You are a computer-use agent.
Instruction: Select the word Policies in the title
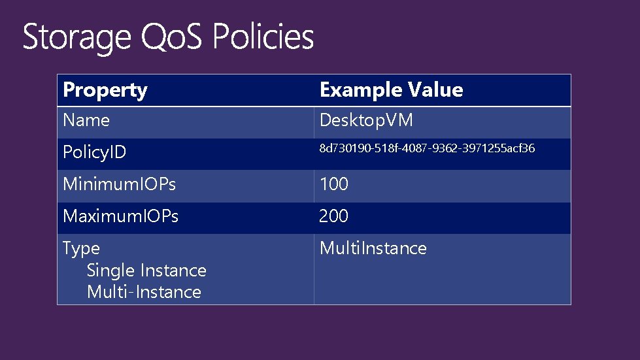click(x=263, y=37)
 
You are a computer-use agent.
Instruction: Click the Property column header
click(x=105, y=90)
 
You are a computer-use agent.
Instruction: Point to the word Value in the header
click(x=435, y=90)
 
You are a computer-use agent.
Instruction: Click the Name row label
click(x=86, y=121)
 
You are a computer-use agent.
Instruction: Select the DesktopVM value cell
click(x=365, y=121)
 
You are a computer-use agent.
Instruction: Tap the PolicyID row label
click(x=94, y=153)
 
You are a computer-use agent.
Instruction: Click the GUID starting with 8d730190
click(x=426, y=149)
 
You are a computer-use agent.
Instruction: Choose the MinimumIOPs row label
click(x=119, y=185)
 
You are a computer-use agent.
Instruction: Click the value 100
click(x=333, y=185)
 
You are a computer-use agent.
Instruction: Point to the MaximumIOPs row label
click(x=120, y=216)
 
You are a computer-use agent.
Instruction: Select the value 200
click(x=333, y=216)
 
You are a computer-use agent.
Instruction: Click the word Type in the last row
click(x=81, y=249)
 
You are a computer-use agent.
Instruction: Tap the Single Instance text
click(x=146, y=270)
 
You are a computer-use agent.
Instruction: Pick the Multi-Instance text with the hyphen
click(x=144, y=292)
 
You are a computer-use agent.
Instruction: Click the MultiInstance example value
click(x=373, y=248)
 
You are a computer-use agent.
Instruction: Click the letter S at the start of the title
click(x=30, y=37)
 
